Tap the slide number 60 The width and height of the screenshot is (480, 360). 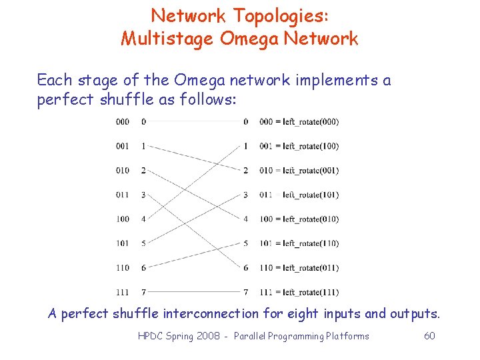pyautogui.click(x=429, y=336)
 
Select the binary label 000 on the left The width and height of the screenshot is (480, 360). pyautogui.click(x=123, y=122)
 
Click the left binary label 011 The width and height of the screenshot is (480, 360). pyautogui.click(x=123, y=195)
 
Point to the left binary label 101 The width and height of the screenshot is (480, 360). pyautogui.click(x=123, y=243)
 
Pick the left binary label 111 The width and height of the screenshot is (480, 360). pyautogui.click(x=123, y=292)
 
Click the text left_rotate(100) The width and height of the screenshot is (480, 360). pyautogui.click(x=311, y=146)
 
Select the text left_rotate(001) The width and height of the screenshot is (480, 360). pyautogui.click(x=311, y=171)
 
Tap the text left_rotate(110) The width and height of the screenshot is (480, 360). pyautogui.click(x=311, y=243)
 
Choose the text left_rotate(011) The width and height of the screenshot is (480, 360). pyautogui.click(x=311, y=268)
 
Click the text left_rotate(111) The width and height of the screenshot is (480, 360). pyautogui.click(x=311, y=292)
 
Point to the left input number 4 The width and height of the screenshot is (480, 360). pyautogui.click(x=143, y=219)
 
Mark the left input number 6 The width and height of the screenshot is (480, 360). pyautogui.click(x=143, y=268)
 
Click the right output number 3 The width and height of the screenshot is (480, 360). pyautogui.click(x=245, y=195)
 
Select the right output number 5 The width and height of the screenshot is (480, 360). pyautogui.click(x=245, y=243)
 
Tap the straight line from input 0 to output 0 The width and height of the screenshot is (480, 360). pyautogui.click(x=193, y=122)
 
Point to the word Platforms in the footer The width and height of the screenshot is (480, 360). pyautogui.click(x=347, y=336)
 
